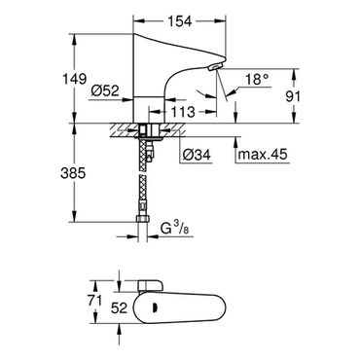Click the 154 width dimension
click(180, 21)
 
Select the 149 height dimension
click(75, 79)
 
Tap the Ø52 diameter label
click(105, 91)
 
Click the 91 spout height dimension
click(293, 96)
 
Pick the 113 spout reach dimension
click(183, 112)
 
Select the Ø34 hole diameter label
click(197, 155)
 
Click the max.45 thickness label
click(263, 155)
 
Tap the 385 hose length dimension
click(73, 173)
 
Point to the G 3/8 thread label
click(174, 230)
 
